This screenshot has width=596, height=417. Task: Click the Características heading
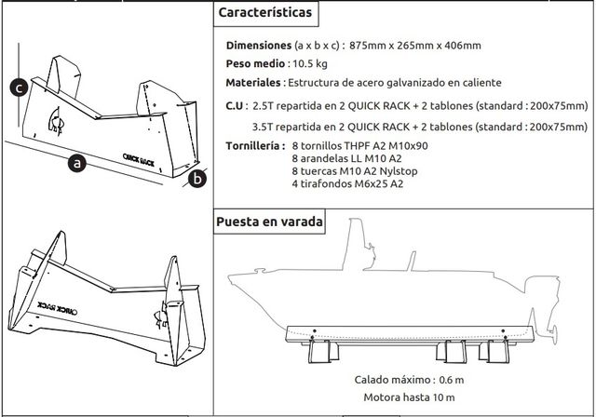[264, 15]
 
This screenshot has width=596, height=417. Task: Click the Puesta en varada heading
[269, 222]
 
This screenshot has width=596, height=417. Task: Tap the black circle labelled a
[77, 164]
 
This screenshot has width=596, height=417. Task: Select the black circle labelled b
[197, 178]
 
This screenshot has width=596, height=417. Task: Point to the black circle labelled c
[17, 88]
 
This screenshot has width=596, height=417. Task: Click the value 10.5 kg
[308, 64]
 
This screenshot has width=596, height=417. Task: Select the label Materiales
[254, 83]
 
